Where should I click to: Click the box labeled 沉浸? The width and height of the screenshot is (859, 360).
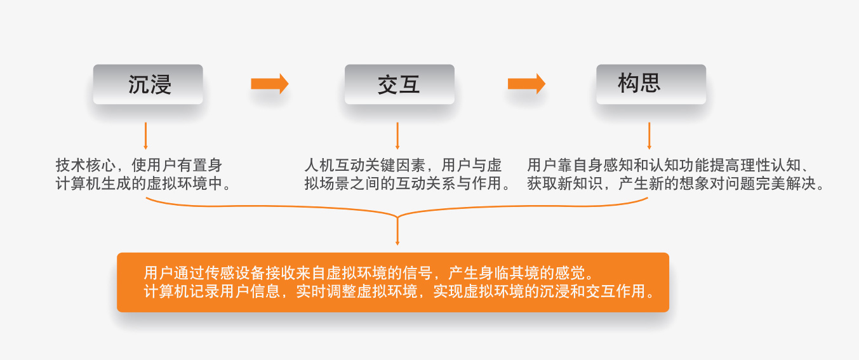point(148,84)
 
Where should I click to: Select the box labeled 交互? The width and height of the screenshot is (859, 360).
point(399,84)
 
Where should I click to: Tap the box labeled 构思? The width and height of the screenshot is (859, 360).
point(651,84)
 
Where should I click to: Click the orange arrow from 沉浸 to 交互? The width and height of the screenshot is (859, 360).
point(270,84)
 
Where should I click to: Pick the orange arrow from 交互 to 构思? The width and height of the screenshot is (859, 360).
point(526,84)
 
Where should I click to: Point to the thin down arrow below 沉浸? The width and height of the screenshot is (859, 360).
point(146,136)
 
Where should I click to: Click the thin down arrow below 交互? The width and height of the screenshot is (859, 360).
point(397,136)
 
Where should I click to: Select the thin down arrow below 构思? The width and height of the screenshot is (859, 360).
point(649,136)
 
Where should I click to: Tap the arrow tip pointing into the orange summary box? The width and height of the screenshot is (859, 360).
point(397,242)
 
